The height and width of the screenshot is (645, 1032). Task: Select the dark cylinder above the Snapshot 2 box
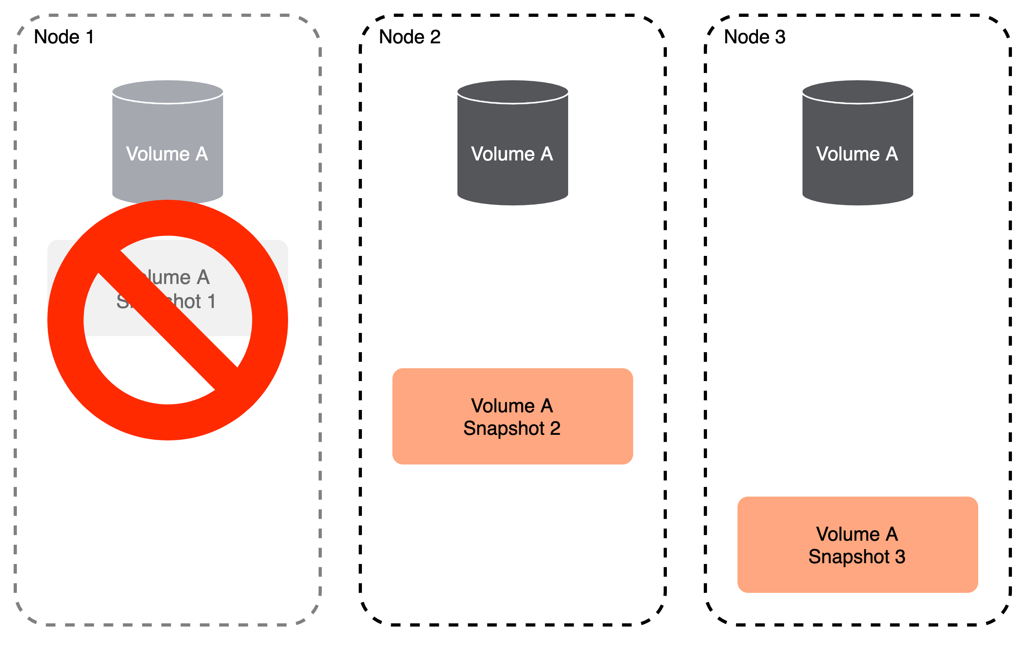(512, 179)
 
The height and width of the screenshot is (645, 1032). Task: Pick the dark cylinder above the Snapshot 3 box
(857, 179)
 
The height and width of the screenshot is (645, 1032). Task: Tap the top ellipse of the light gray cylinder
(167, 91)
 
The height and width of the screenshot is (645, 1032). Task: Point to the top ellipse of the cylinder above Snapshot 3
(857, 91)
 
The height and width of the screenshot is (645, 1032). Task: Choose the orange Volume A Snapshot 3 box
(857, 576)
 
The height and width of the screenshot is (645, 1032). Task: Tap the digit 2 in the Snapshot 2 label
(555, 428)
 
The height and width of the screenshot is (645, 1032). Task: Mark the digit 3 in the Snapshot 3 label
(900, 557)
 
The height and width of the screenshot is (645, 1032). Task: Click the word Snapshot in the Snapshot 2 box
(504, 429)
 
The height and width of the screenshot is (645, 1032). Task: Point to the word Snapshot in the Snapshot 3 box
(849, 557)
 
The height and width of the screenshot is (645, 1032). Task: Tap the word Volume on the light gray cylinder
(157, 154)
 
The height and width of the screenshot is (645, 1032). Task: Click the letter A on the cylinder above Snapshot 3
(892, 154)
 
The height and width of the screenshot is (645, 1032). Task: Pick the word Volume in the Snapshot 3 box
(848, 534)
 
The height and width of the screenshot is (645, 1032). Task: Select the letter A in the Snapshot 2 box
(547, 406)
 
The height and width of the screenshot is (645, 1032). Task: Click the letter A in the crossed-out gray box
(203, 278)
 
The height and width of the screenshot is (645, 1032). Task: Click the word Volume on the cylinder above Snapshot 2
(503, 154)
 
